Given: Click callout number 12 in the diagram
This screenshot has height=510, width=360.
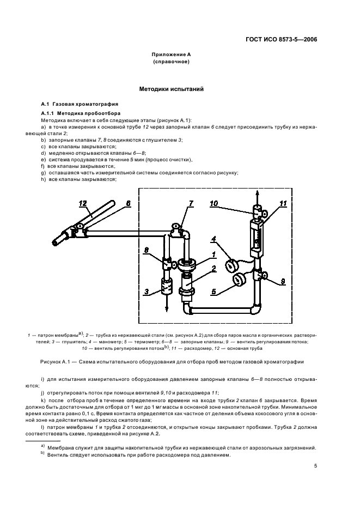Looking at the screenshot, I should click(82, 204).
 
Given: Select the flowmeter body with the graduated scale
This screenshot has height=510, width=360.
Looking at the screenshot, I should click(255, 237).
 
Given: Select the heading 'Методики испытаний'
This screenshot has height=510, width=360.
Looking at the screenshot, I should click(172, 89).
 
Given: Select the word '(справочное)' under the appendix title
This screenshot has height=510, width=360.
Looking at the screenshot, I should click(172, 63).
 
